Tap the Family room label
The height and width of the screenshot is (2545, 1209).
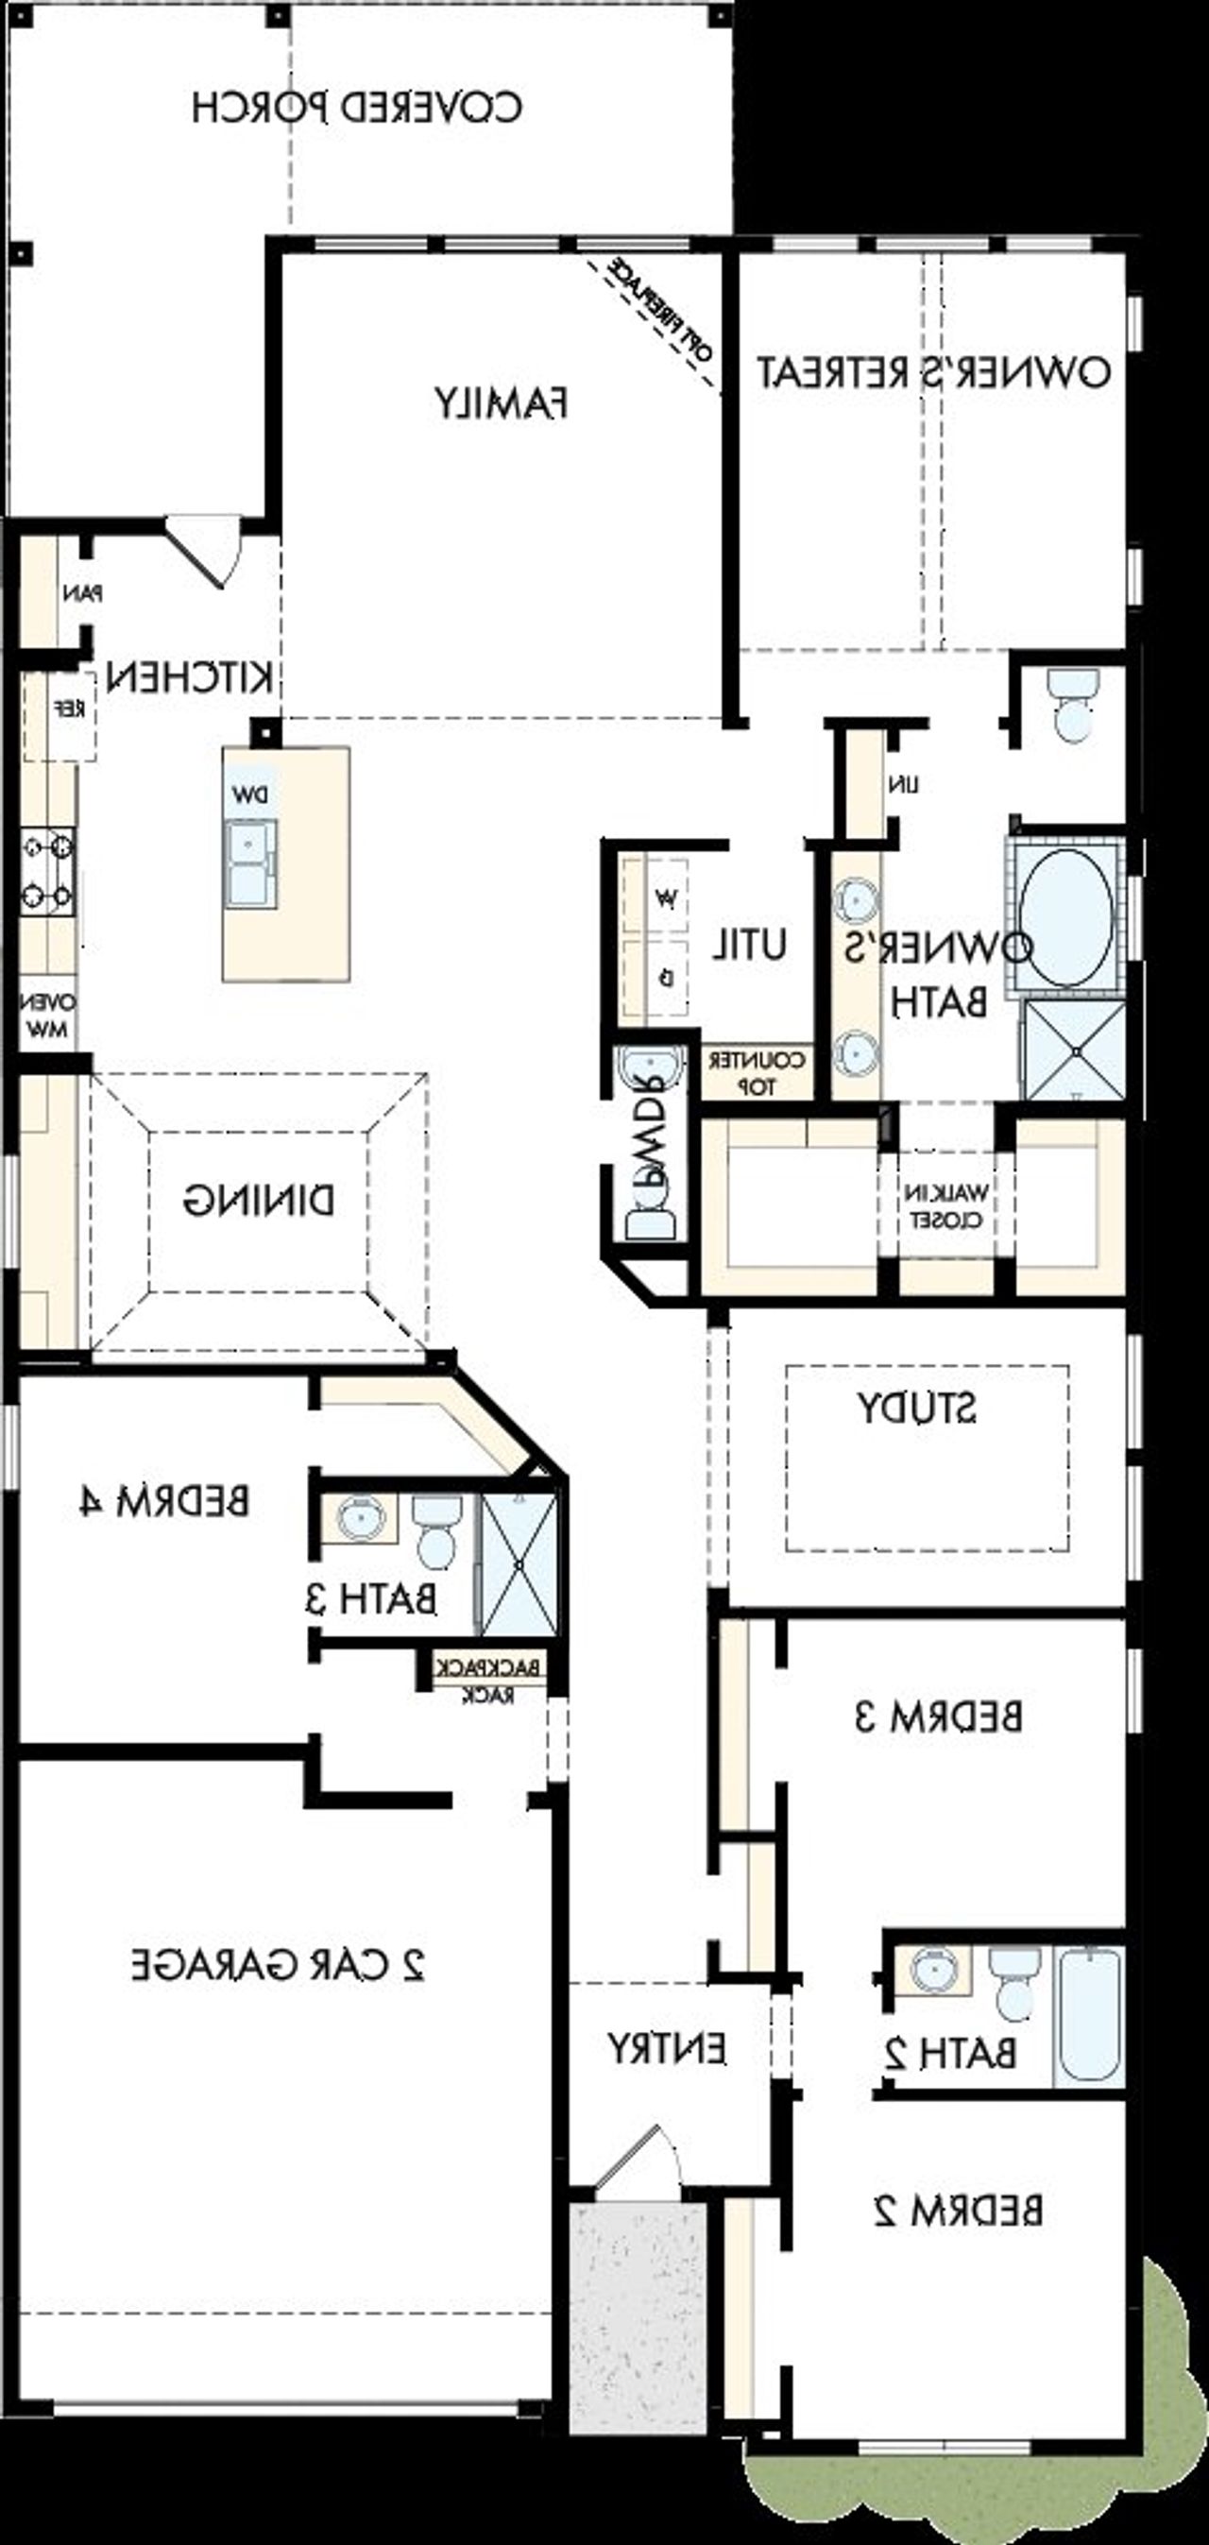coord(501,403)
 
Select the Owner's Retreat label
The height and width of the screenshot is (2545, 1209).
coord(933,372)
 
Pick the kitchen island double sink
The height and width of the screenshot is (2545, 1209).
coord(251,863)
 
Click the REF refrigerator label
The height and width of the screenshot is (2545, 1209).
coord(68,709)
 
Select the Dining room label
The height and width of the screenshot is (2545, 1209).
coord(259,1201)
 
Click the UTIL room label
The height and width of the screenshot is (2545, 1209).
coord(751,946)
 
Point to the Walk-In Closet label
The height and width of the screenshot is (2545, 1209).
coord(945,1205)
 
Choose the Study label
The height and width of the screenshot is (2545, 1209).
coord(916,1408)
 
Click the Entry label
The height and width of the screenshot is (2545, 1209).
coord(667,2049)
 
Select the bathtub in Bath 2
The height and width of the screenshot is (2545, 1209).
coord(1088,2018)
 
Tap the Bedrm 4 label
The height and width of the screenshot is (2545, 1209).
coord(164,1502)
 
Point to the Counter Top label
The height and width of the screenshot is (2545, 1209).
coord(757,1072)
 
